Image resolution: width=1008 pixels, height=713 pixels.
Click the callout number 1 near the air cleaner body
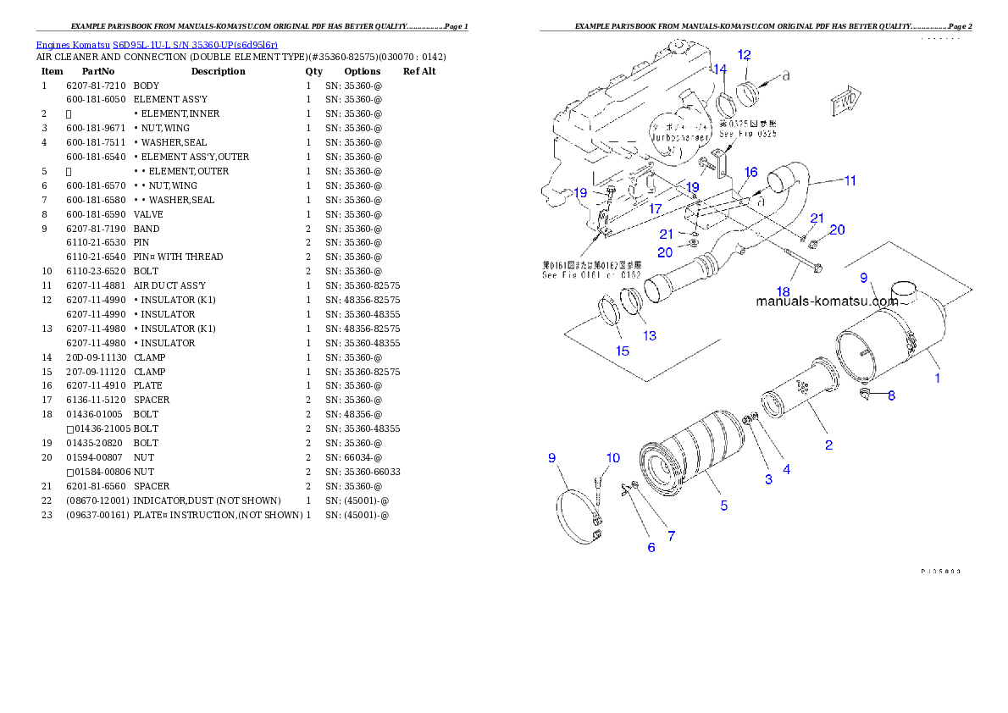(937, 379)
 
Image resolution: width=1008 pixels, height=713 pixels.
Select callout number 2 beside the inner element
(828, 445)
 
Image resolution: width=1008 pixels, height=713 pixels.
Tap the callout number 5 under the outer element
(723, 506)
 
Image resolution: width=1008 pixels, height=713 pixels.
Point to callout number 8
(891, 395)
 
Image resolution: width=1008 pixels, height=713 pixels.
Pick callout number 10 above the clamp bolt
(612, 458)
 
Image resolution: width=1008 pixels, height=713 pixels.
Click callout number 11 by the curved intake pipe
(850, 180)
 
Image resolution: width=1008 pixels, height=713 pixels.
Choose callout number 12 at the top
(744, 55)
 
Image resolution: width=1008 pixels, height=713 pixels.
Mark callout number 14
(719, 69)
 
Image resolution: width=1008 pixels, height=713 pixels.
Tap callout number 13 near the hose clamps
(649, 335)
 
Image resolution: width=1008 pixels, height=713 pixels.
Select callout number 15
(623, 350)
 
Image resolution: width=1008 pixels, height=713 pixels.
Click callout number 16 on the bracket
(750, 172)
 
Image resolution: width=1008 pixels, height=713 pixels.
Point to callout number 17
(655, 207)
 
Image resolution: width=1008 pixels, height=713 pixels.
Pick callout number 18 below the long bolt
(782, 291)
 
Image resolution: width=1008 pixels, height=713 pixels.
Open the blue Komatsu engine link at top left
(157, 44)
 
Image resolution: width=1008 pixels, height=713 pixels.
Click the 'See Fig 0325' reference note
(747, 134)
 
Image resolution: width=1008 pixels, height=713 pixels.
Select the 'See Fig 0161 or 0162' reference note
(591, 270)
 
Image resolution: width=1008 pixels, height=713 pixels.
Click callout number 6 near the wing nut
(651, 547)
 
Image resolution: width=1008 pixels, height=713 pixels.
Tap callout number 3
(768, 479)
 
